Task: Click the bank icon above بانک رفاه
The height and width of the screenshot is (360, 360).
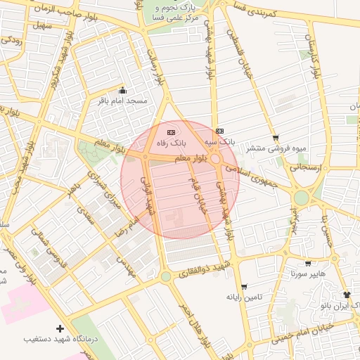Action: (x=170, y=131)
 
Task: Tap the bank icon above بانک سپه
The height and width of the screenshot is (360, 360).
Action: (x=220, y=131)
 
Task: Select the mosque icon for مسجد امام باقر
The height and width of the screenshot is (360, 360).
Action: (x=123, y=90)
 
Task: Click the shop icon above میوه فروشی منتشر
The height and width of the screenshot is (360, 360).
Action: (x=275, y=138)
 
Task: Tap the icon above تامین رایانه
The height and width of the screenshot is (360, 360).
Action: (x=244, y=287)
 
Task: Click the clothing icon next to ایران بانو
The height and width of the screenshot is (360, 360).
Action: (x=346, y=295)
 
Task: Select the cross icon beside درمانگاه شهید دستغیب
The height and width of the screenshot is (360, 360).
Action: (x=60, y=328)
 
